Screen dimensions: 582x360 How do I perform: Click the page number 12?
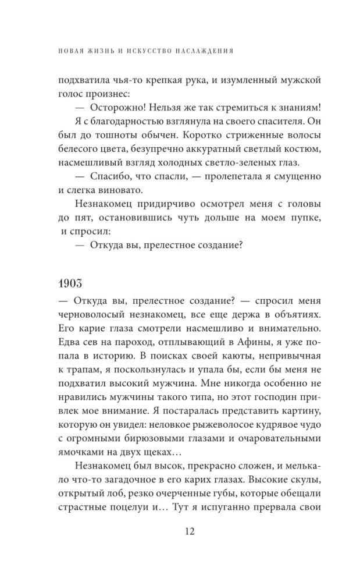(x=180, y=531)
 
